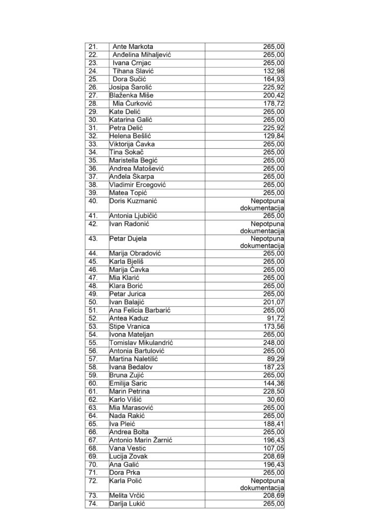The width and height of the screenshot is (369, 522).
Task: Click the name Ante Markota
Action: pos(133,47)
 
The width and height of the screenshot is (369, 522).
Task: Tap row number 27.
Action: pos(93,95)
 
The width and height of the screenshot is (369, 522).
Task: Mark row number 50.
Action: pos(93,302)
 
